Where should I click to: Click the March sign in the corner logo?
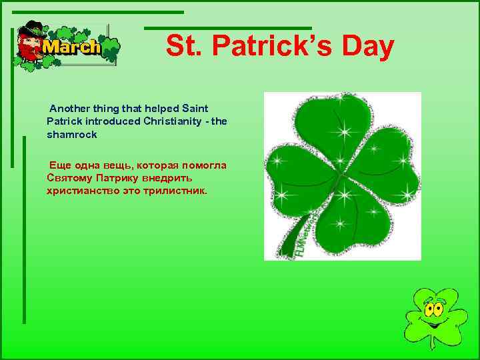click(x=71, y=47)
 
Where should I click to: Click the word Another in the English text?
click(x=71, y=108)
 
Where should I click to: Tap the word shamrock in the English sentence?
click(x=72, y=134)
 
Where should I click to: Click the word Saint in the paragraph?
click(x=195, y=108)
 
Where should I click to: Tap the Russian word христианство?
click(x=81, y=191)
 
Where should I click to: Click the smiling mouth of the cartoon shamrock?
click(x=433, y=325)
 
